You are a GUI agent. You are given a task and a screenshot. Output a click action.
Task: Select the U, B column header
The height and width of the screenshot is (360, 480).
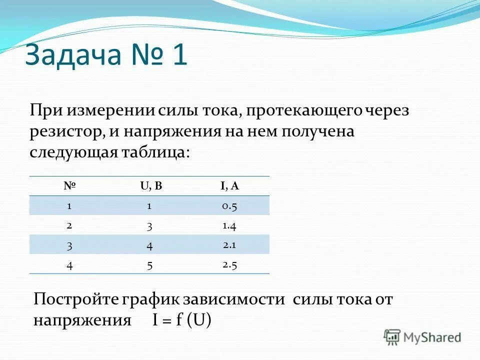[151, 186]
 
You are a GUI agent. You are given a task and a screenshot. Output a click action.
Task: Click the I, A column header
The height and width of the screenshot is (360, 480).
[229, 186]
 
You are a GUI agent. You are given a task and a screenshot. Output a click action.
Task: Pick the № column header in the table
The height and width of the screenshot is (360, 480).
[69, 186]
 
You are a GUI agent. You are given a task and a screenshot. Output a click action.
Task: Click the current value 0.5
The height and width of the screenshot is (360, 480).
[229, 205]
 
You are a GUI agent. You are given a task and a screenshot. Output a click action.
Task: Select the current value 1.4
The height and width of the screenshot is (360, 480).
[229, 225]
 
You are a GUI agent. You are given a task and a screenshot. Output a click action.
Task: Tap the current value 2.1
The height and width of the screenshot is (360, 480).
[229, 244]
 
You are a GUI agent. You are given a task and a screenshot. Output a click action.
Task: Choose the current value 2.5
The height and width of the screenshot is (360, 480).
[229, 264]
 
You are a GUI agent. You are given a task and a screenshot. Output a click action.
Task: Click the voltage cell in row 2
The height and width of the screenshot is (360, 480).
[149, 225]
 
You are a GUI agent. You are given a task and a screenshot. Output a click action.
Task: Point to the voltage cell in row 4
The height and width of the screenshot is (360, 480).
[149, 265]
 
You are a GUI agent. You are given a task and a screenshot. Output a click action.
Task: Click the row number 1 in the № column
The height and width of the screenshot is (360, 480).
[69, 205]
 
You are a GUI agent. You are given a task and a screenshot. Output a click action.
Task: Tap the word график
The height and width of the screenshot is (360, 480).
[148, 299]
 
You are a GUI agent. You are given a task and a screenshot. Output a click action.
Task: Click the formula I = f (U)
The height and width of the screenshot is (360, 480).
[182, 320]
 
